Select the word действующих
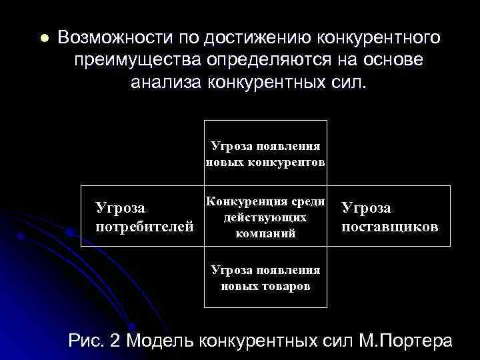265,218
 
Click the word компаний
265,234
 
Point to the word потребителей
145,226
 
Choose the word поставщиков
389,226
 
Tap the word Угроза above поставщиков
366,208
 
